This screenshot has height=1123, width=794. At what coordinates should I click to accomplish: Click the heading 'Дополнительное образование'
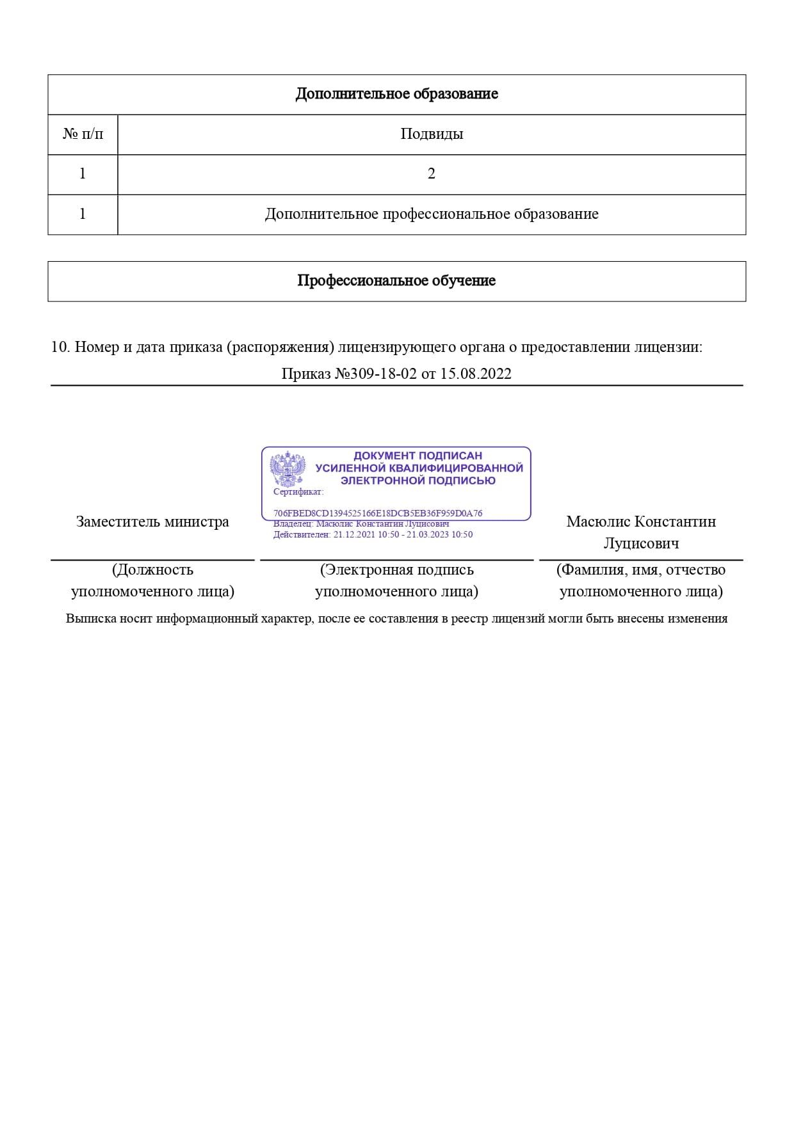tap(396, 94)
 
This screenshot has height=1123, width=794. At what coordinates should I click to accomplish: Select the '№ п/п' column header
tap(83, 134)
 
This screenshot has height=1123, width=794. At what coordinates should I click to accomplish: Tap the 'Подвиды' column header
tap(432, 134)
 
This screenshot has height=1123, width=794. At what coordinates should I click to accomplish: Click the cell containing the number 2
tap(432, 174)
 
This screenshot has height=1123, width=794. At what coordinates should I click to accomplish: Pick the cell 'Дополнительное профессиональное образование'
tap(432, 214)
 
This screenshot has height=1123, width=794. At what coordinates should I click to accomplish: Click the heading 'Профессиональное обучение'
tap(396, 281)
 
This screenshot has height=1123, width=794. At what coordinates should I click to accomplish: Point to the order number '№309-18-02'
tap(376, 374)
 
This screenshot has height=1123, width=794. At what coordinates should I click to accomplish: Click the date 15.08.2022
tap(476, 374)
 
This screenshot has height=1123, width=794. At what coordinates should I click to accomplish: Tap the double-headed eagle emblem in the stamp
tap(288, 468)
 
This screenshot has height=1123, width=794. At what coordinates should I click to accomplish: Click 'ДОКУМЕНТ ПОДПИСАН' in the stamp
tap(417, 456)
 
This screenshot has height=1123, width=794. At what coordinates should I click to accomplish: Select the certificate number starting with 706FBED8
tap(378, 513)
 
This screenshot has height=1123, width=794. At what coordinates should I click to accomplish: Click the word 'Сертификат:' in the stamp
tap(298, 492)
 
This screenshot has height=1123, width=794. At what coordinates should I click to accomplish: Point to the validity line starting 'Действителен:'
tap(373, 535)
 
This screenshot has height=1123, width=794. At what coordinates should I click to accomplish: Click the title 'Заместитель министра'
tap(152, 522)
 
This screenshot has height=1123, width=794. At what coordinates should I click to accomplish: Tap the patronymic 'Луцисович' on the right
tap(641, 543)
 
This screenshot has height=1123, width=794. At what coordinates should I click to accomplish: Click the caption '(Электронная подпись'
tap(397, 569)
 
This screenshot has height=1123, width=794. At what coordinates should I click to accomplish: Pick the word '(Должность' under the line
tap(152, 569)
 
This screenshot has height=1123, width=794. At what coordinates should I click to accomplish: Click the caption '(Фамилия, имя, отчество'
tap(641, 569)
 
